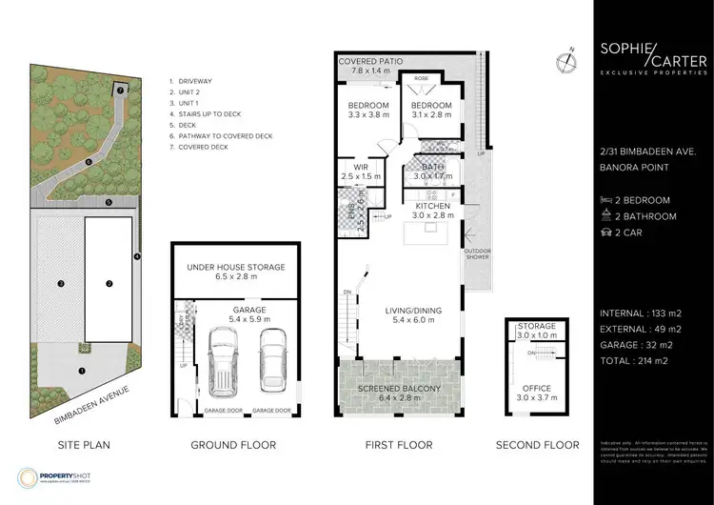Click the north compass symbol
[567, 61]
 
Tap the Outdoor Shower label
[476, 254]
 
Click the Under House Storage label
[236, 272]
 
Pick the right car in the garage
[273, 357]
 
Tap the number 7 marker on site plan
[121, 90]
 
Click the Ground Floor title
[235, 445]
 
